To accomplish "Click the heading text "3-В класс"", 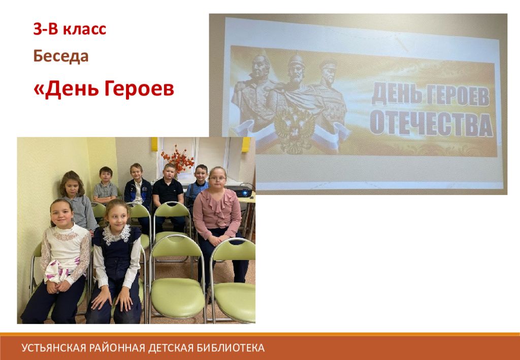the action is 70,29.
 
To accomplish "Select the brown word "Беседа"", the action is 61,56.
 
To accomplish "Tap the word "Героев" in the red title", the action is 139,88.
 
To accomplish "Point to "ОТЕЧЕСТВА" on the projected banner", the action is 431,124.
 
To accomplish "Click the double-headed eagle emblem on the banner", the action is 295,132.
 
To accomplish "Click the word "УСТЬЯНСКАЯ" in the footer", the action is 55,348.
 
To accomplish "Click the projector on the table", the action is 238,191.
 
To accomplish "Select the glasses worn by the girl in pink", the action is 217,179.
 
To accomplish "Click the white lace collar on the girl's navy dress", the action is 116,234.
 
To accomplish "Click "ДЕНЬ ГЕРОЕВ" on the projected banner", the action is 430,95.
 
